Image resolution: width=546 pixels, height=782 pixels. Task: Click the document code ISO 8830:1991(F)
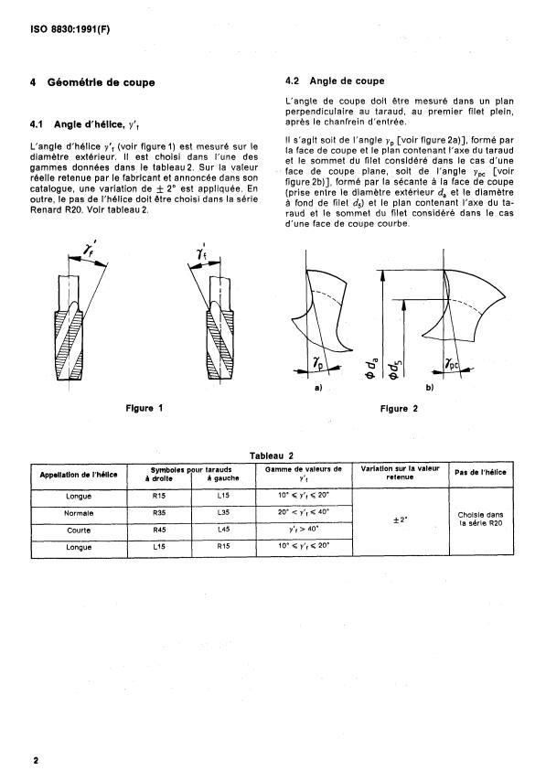coord(70,29)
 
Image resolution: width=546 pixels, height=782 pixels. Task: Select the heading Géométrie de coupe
coord(102,82)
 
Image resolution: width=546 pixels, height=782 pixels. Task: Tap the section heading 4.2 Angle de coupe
coord(335,80)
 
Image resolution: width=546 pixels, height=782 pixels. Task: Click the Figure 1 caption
coord(145,408)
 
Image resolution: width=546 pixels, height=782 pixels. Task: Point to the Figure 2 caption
coord(399,409)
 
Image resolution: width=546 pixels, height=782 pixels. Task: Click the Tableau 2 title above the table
coord(272,455)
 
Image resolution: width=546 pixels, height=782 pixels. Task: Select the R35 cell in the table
coord(159,513)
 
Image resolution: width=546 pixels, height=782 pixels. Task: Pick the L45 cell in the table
coord(223,530)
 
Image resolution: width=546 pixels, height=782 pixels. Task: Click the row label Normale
coord(79,513)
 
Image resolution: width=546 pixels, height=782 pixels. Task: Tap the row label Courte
coord(79,530)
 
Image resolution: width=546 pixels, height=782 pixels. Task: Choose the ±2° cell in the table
coord(401,520)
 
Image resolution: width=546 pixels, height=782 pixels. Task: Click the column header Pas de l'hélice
coord(481,472)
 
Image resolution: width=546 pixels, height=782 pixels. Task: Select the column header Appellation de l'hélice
coord(79,475)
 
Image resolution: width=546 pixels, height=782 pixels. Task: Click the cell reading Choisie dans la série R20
coord(481,520)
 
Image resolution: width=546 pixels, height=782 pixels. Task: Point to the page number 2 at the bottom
coord(36,761)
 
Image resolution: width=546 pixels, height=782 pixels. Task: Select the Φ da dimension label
coord(371,366)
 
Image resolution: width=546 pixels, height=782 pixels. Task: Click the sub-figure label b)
coord(430,387)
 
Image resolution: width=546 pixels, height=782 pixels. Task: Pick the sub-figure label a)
coord(318,387)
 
